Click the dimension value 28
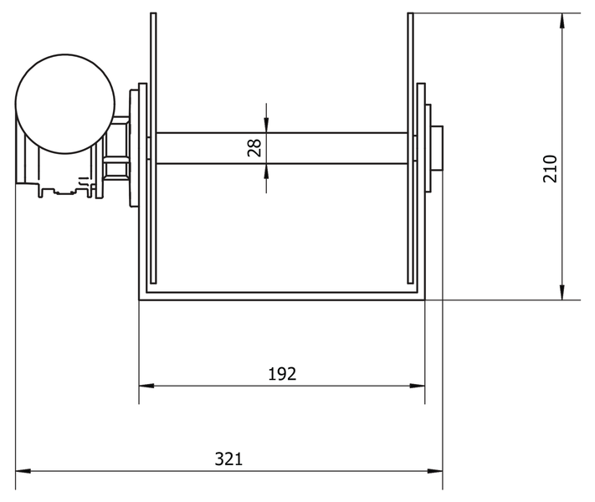255,148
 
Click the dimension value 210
550,170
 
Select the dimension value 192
282,374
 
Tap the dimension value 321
228,459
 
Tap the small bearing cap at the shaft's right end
437,148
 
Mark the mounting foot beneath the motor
63,189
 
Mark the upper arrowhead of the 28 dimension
266,126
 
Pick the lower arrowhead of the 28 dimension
266,170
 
